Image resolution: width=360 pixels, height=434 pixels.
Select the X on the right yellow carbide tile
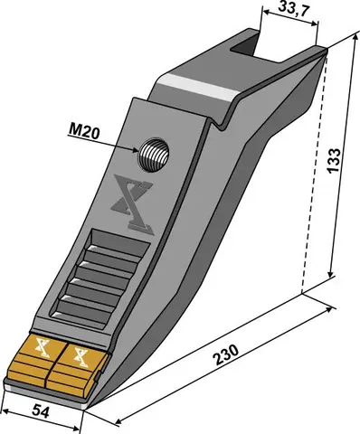click(x=81, y=354)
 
